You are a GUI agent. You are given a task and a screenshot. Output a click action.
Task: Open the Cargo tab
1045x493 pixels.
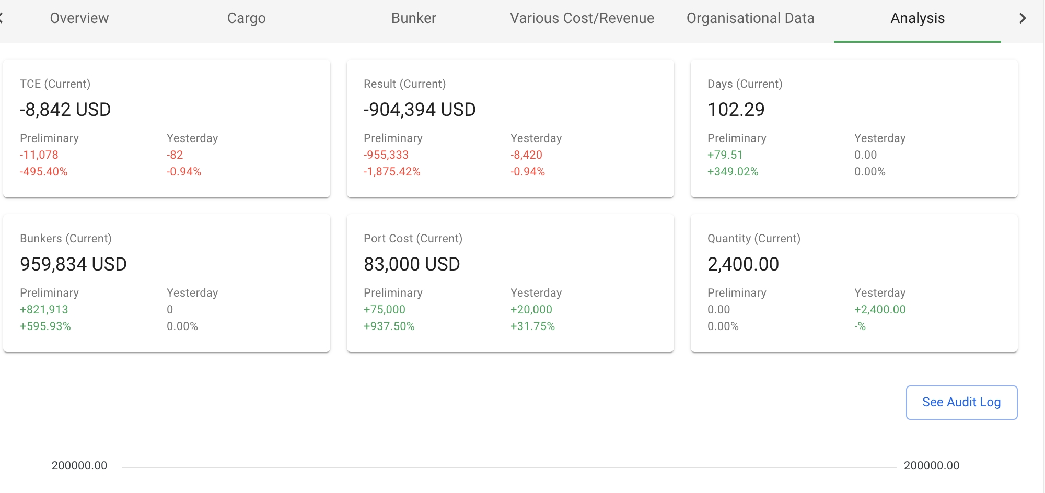point(246,18)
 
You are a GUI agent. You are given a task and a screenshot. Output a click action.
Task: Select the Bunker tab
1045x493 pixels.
point(413,18)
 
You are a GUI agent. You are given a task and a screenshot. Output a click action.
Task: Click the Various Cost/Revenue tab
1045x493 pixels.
point(582,18)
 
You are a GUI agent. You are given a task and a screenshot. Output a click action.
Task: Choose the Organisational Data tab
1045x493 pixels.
point(750,18)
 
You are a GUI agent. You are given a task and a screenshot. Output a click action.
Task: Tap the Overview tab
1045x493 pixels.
point(79,18)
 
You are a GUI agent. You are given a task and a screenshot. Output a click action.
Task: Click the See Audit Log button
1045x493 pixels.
point(961,402)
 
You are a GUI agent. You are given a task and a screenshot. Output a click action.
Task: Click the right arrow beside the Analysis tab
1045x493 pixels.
point(1023,18)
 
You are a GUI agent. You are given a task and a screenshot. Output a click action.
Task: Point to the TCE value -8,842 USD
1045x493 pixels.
point(65,110)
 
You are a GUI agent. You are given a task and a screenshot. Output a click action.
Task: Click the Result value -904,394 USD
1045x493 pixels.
point(420,110)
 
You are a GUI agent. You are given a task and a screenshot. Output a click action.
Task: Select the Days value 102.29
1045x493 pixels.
point(736,110)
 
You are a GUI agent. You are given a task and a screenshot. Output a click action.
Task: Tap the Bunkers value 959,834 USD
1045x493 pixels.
point(73,264)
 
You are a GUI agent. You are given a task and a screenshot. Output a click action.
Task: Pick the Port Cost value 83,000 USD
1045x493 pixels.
point(412,264)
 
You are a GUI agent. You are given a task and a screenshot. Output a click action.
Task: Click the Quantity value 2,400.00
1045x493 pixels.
point(743,264)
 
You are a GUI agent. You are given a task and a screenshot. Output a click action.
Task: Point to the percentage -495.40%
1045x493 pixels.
point(44,172)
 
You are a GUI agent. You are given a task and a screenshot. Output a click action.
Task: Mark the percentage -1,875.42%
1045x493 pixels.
point(392,172)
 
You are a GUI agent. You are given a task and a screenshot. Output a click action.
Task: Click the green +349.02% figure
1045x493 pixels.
point(733,172)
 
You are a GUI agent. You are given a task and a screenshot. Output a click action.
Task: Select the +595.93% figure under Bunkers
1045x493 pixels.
point(45,326)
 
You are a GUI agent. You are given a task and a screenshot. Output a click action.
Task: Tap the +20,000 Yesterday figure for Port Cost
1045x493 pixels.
point(531,310)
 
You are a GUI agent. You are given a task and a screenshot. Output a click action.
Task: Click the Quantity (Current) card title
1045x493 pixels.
point(753,239)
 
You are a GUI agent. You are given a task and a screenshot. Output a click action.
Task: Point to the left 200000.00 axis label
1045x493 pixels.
point(79,466)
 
